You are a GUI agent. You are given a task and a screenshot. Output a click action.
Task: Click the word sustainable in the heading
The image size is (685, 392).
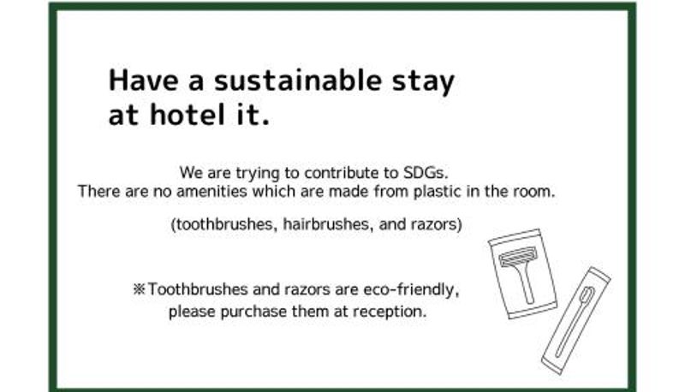click(297, 81)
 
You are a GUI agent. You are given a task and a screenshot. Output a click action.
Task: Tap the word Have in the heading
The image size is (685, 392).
click(143, 80)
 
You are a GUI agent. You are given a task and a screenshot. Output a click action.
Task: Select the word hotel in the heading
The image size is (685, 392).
click(184, 115)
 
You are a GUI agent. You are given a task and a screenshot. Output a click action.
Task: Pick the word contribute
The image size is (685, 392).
click(342, 173)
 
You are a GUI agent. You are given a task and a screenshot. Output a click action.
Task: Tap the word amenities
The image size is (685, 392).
click(211, 191)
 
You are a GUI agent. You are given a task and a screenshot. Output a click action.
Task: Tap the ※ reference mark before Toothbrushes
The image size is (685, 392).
click(139, 289)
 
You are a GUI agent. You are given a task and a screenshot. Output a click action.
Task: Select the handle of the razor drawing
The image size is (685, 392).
click(526, 284)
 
